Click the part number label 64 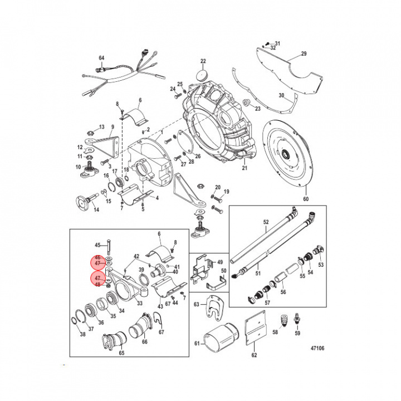click(x=101, y=58)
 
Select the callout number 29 click(x=304, y=54)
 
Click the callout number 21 click(x=244, y=168)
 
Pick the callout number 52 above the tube click(x=266, y=222)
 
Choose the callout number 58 click(x=274, y=332)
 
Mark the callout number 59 click(x=297, y=334)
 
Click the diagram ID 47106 click(x=316, y=349)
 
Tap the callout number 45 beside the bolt click(x=97, y=245)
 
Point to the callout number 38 click(x=83, y=334)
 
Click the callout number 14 click(x=96, y=210)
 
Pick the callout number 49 click(x=219, y=262)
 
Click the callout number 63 click(x=197, y=305)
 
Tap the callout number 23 click(x=257, y=108)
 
